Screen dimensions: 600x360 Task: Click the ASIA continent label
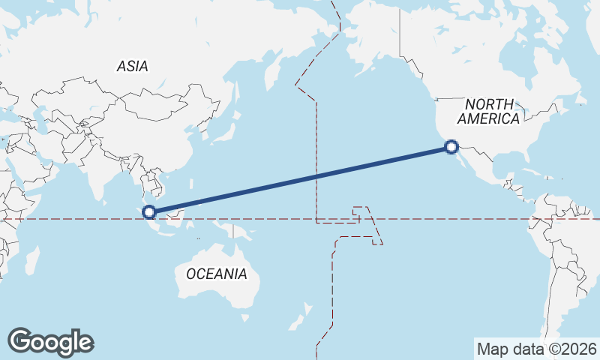click(x=132, y=67)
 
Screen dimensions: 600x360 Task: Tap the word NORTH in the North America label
click(x=489, y=105)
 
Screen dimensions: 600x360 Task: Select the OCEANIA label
click(x=216, y=274)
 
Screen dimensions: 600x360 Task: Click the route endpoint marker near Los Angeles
click(x=451, y=147)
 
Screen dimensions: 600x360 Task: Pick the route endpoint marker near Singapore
click(x=149, y=213)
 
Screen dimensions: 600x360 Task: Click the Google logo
click(x=51, y=342)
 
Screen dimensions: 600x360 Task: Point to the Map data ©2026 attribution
click(x=536, y=349)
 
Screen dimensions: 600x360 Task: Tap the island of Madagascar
click(x=32, y=259)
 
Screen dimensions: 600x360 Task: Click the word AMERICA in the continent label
click(x=488, y=118)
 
